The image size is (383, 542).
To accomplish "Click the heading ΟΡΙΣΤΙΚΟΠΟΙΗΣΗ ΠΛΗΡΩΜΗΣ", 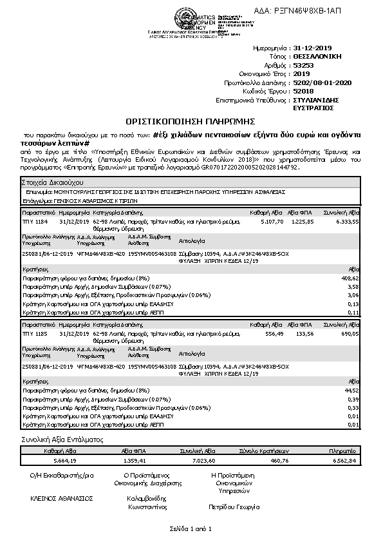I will click(x=191, y=121).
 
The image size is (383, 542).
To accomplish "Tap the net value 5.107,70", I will click(x=270, y=221).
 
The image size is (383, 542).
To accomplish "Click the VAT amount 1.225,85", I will click(x=302, y=221).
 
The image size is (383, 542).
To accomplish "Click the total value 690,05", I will click(x=350, y=334).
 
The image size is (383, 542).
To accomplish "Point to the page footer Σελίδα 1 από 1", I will click(x=191, y=529).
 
